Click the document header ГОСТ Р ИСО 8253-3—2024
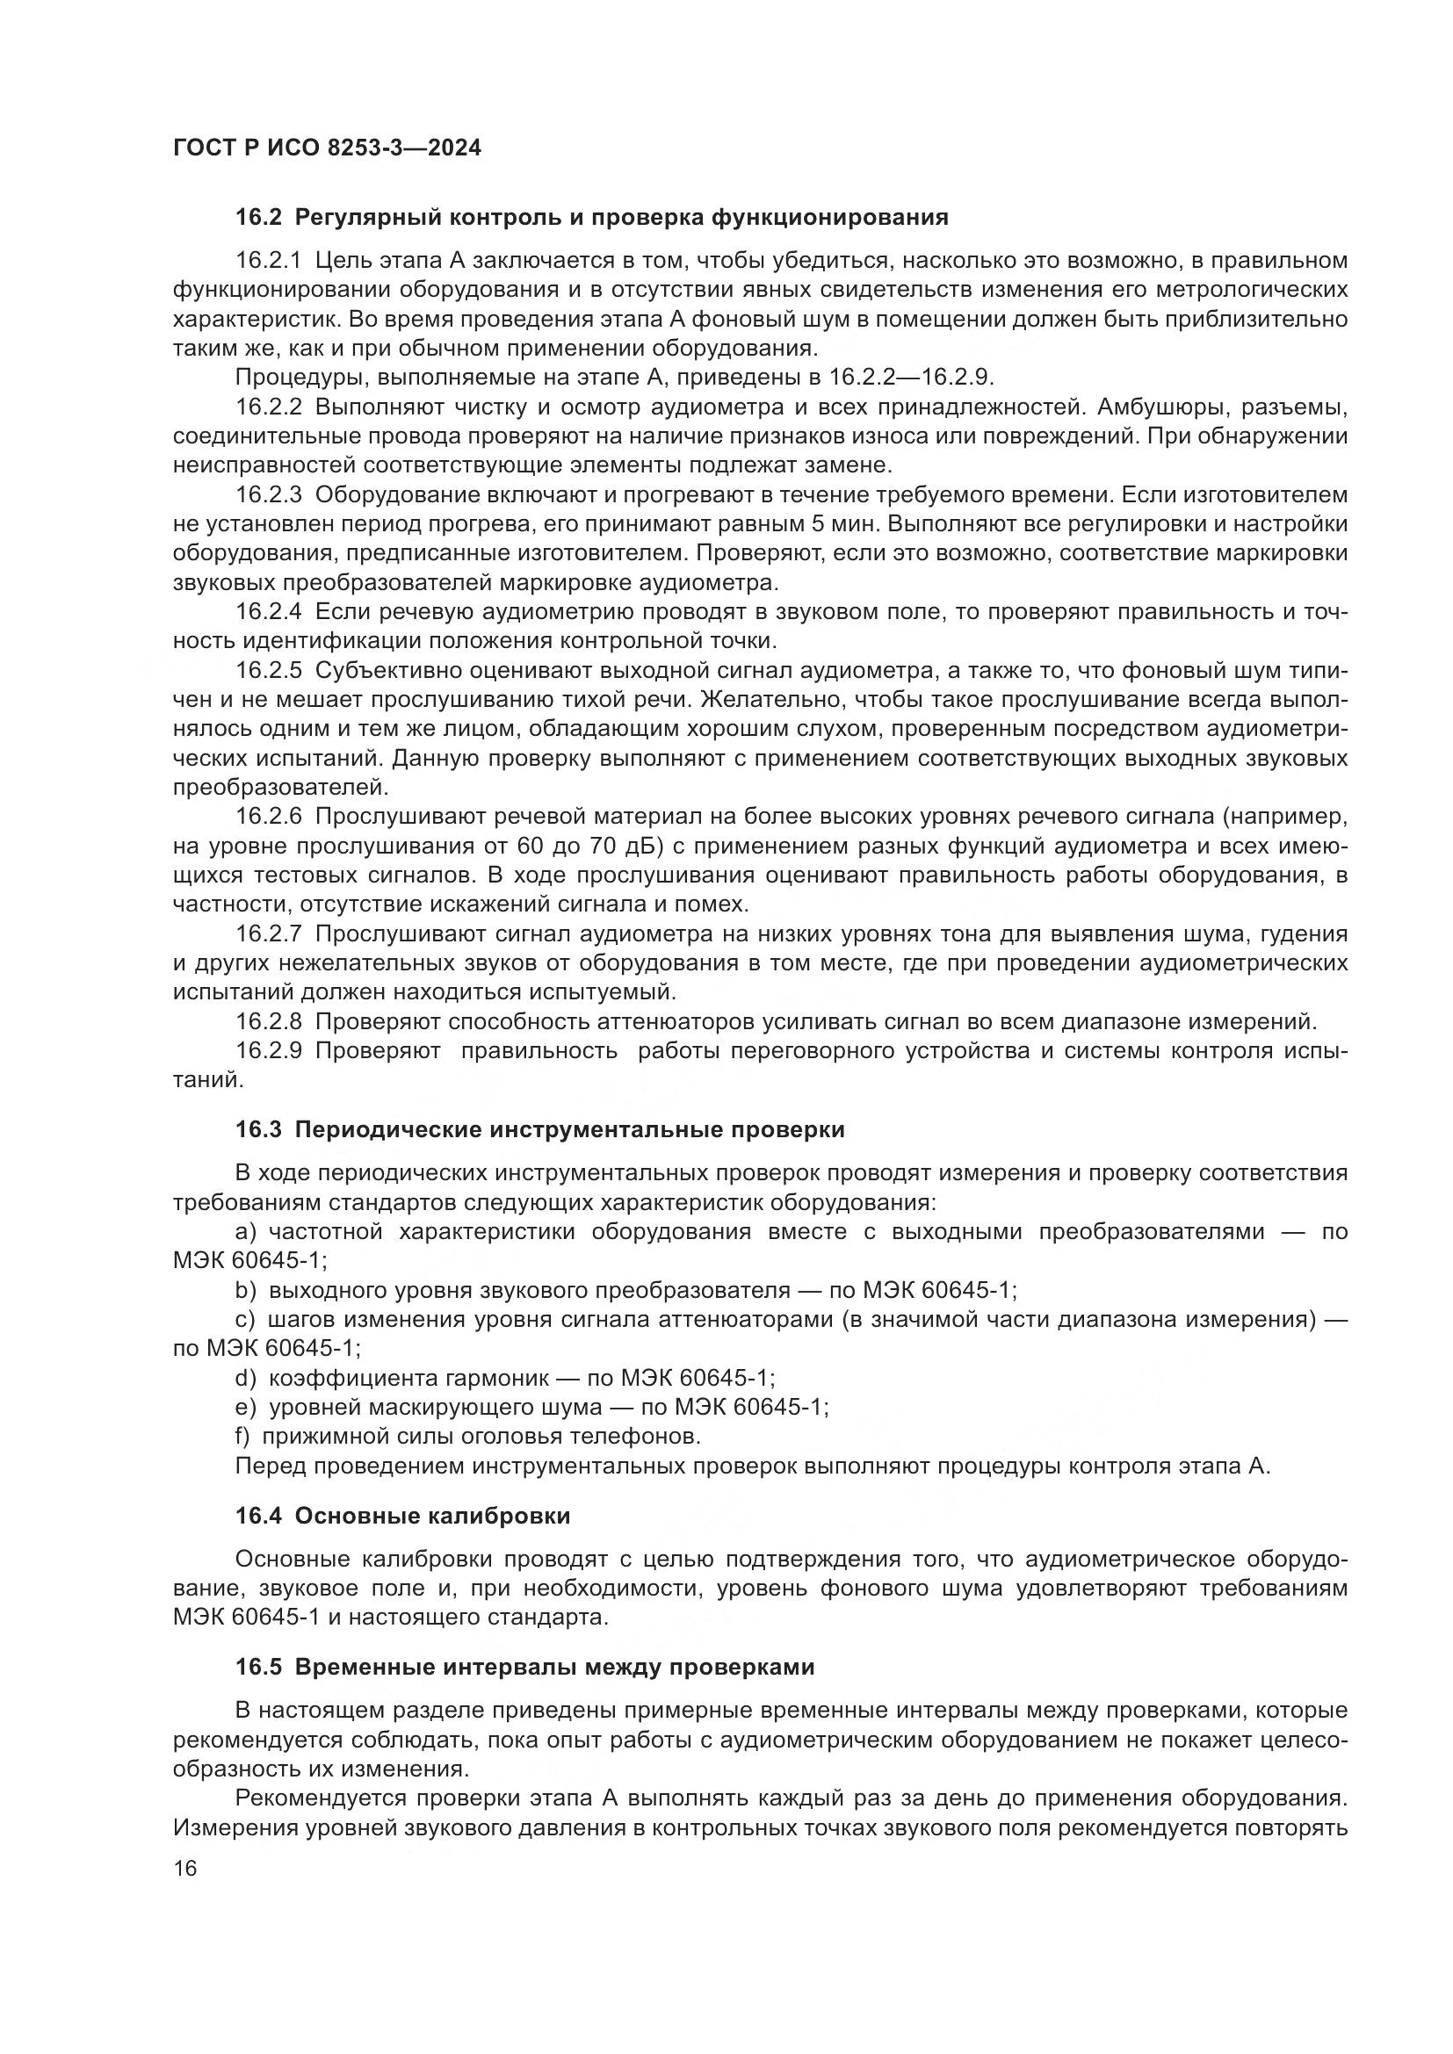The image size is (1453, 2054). click(327, 148)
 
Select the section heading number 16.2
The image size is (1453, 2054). click(258, 218)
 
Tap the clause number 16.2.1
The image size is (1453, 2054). click(270, 260)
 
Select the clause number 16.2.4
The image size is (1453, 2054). click(270, 612)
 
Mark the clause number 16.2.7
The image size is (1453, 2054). click(270, 934)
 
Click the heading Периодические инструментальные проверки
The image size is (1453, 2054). click(569, 1130)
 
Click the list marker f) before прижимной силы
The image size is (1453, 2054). click(242, 1437)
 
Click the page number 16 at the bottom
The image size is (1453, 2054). click(185, 1869)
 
